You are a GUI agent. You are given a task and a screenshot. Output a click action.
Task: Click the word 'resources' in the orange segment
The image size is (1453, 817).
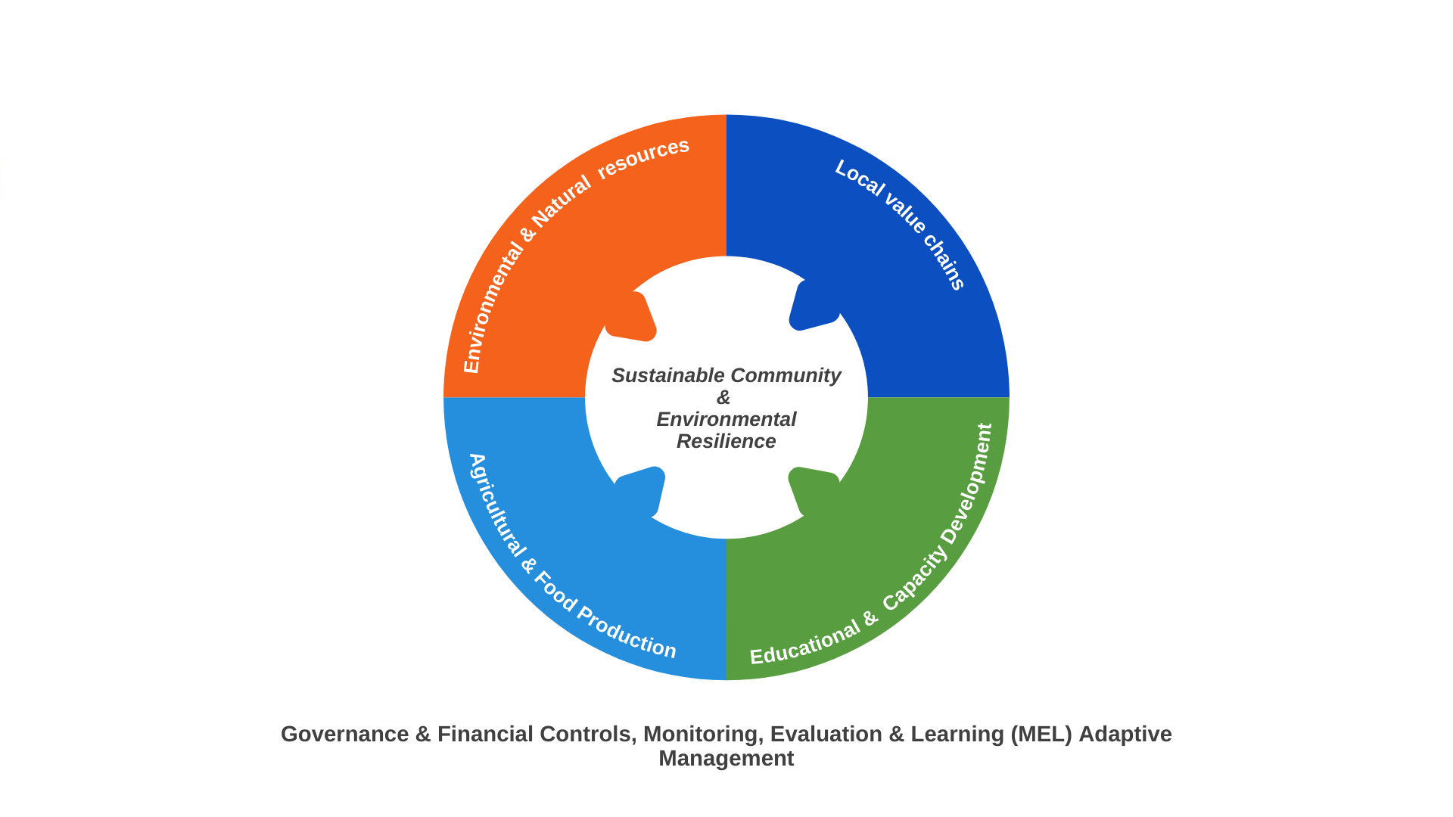coord(643,158)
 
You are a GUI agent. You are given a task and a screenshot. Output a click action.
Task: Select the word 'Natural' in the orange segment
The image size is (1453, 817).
coord(561,202)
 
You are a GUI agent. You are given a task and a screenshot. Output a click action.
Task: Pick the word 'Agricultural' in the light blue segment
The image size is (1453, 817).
coord(496,506)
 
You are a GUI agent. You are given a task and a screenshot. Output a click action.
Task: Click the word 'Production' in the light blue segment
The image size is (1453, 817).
coord(627,632)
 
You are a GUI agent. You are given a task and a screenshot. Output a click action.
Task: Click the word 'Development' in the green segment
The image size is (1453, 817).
coord(966,483)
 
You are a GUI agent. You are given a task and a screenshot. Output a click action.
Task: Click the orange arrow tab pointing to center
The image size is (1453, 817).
coord(631,317)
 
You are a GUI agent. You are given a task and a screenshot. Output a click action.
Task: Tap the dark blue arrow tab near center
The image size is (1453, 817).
coord(814,305)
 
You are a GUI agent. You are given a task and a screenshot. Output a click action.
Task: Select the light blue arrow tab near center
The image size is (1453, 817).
coord(640,492)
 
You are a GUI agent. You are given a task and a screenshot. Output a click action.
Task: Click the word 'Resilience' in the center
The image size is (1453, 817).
coord(726,441)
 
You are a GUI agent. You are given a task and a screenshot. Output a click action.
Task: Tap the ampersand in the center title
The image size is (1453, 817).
coord(723,397)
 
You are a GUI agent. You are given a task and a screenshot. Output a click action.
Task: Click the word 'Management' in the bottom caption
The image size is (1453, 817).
coord(726,758)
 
